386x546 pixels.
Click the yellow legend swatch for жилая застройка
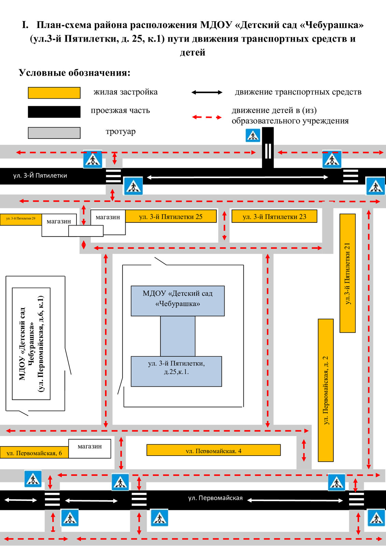click(x=54, y=93)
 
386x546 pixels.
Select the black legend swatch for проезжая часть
click(x=54, y=112)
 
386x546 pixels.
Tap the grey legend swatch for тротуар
click(x=54, y=133)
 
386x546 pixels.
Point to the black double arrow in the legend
click(x=207, y=92)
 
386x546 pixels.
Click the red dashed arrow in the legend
click(x=207, y=117)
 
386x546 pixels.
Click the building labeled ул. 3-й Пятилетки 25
click(x=171, y=216)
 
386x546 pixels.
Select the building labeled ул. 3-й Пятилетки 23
click(x=274, y=216)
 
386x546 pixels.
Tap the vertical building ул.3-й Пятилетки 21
click(x=347, y=273)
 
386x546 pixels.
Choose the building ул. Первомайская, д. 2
click(x=326, y=390)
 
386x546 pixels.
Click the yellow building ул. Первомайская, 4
click(x=213, y=450)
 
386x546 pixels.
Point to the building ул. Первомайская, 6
click(x=34, y=452)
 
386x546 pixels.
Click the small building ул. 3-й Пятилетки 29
click(x=20, y=219)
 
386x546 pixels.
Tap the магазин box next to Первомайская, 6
click(x=90, y=448)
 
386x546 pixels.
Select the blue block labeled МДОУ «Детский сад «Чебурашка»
click(x=177, y=301)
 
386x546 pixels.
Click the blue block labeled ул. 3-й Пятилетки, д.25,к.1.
click(x=176, y=371)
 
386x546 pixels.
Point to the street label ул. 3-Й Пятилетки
click(x=40, y=176)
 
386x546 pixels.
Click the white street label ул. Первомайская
click(x=215, y=498)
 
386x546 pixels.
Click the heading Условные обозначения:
click(x=74, y=73)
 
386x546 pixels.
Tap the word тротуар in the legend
click(x=120, y=131)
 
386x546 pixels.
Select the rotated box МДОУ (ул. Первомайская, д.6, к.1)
click(x=31, y=343)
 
